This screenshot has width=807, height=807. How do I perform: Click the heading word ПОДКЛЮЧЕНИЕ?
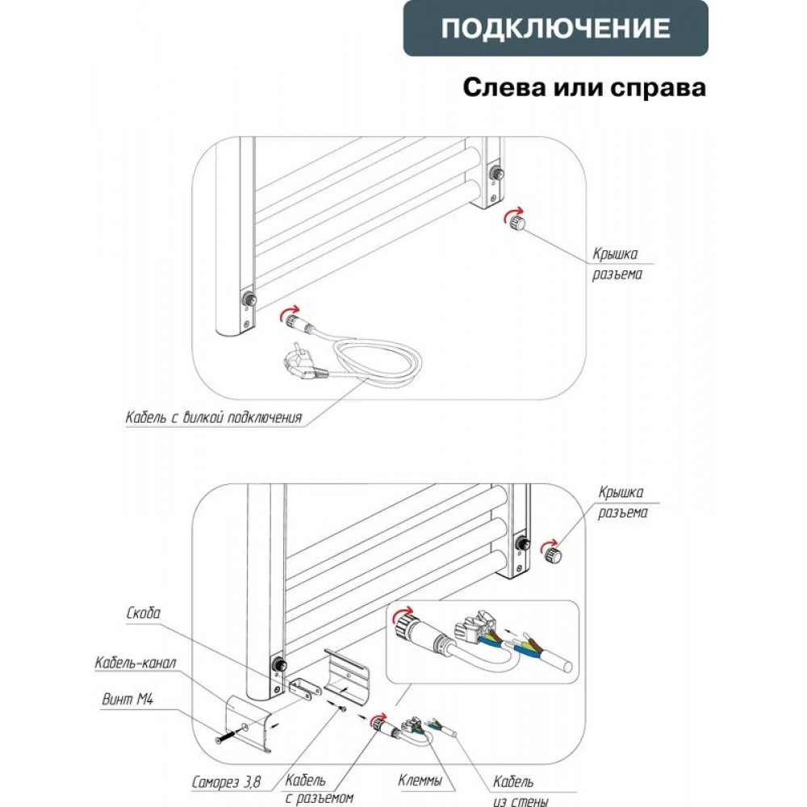coord(556,29)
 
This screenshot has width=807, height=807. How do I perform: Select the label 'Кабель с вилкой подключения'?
coord(214,418)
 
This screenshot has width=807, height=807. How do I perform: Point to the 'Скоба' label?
coord(144,614)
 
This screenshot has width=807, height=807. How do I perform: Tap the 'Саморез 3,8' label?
coord(227,782)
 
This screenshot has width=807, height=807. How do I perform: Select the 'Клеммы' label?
coord(420,782)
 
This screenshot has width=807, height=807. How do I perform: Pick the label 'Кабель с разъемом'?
coord(320,790)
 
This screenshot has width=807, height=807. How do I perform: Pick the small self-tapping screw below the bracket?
coord(345,709)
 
